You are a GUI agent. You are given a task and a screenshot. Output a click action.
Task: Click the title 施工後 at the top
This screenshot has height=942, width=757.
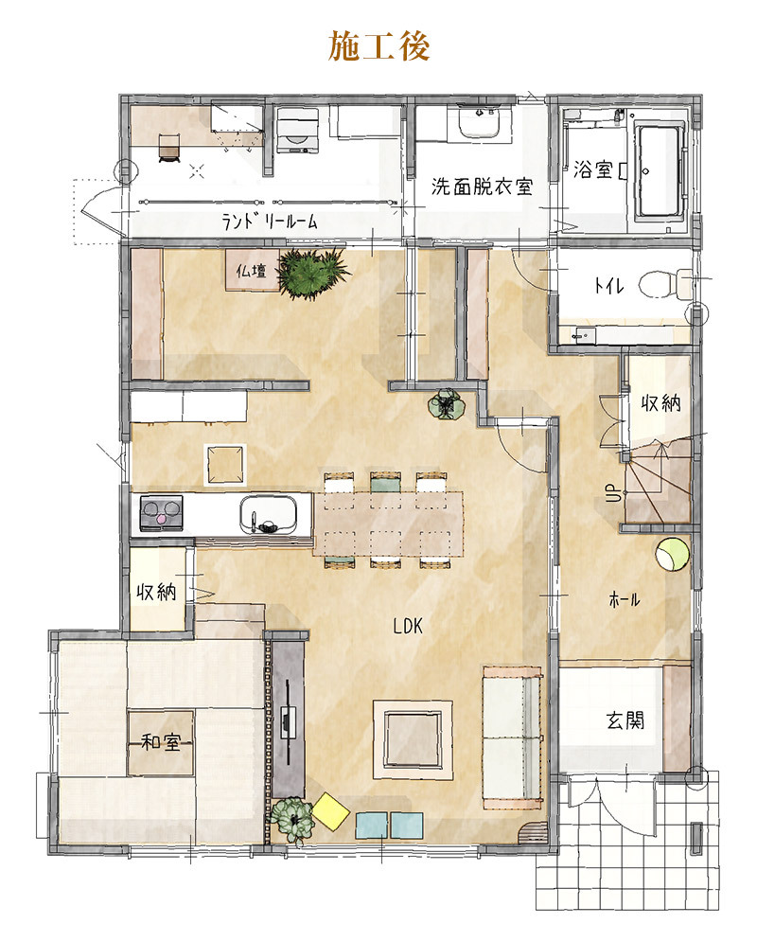pos(378,46)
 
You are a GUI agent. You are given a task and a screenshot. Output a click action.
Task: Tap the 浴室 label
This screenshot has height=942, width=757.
pos(592,169)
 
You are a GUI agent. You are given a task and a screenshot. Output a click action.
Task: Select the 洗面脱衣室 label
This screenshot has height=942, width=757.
pos(482,187)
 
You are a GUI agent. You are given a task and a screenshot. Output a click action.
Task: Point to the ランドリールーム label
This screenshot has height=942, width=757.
pos(270,222)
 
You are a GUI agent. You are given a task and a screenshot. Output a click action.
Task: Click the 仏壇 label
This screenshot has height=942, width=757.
pos(251,272)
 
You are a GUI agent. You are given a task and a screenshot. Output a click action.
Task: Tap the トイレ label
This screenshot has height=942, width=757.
pos(608,285)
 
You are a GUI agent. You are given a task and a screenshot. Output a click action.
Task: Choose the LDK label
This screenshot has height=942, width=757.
pos(408,627)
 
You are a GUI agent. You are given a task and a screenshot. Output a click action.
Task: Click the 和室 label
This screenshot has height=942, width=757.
pos(160,742)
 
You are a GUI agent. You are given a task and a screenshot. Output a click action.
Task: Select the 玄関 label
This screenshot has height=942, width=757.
pos(625,720)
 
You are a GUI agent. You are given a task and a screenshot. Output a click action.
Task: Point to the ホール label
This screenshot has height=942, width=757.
pos(625,599)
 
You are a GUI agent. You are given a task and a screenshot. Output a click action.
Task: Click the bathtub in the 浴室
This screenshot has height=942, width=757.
pos(660,170)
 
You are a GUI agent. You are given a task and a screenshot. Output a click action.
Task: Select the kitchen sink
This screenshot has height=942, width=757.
pos(269,515)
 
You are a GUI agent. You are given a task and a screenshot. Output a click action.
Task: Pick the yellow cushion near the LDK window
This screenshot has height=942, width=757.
pos(331,811)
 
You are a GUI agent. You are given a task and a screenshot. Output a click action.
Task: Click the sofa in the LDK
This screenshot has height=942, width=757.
pos(513,738)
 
